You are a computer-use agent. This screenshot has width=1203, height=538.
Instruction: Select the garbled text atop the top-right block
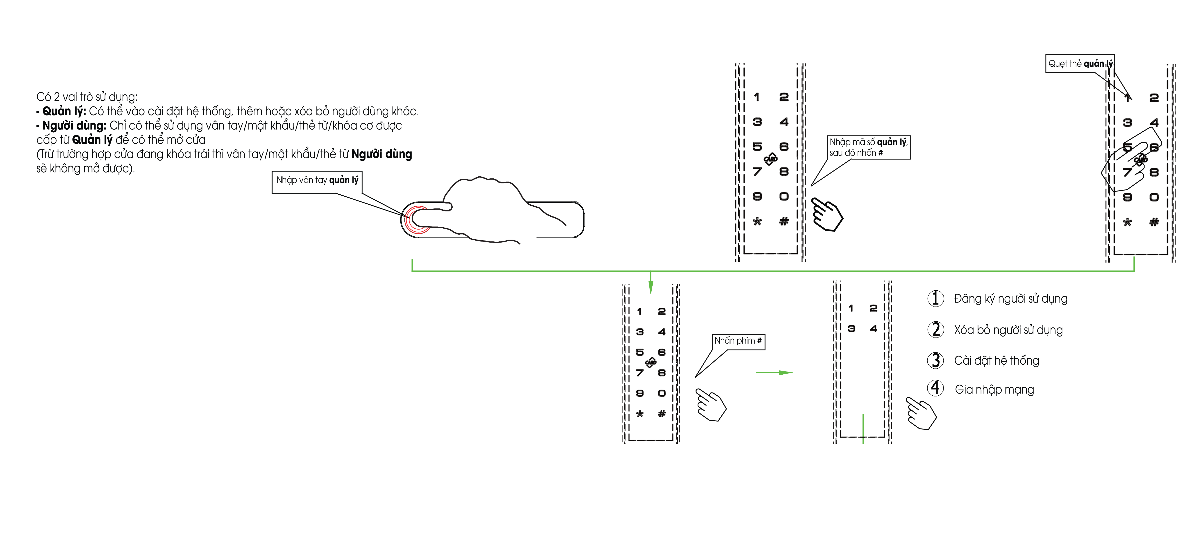click(x=1074, y=63)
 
